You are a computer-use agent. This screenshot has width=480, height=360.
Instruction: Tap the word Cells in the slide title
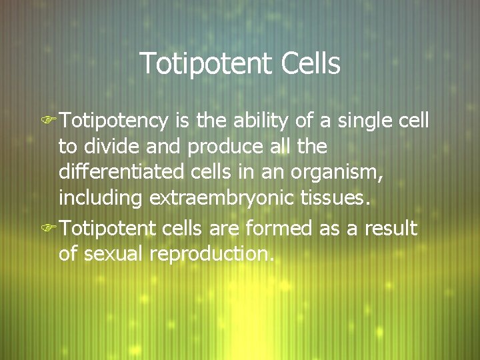point(311,64)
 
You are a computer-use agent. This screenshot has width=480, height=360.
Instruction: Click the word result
point(393,229)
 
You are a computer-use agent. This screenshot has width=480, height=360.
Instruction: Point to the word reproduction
point(213,254)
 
